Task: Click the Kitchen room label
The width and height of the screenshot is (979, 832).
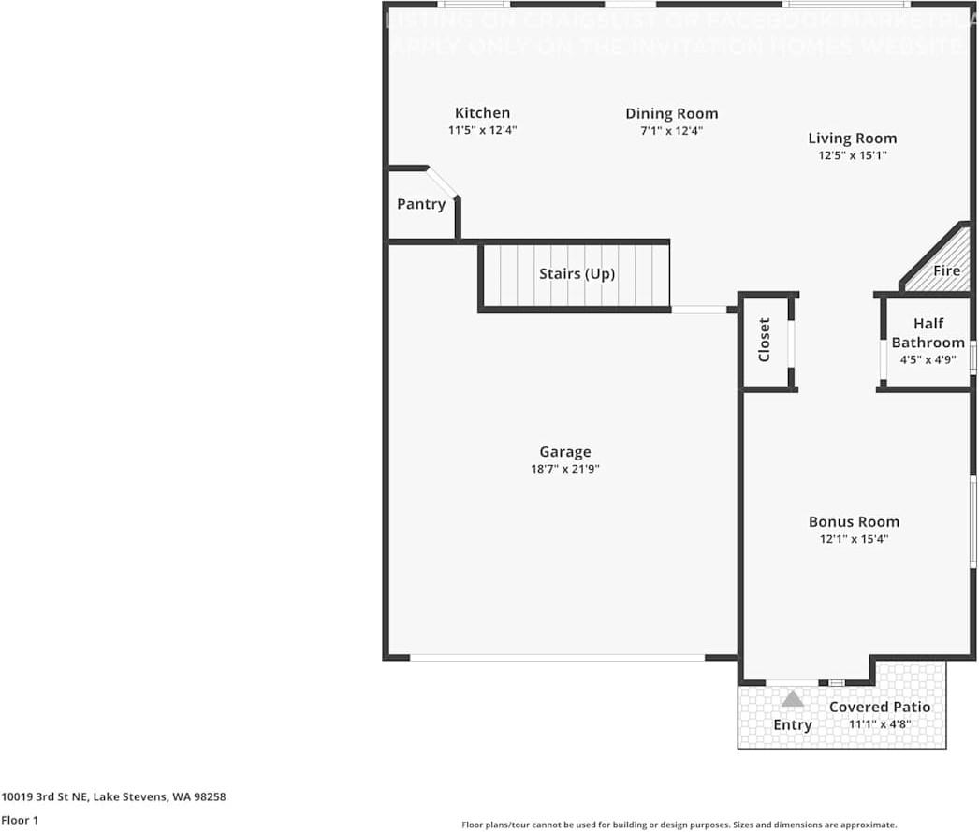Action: coord(482,113)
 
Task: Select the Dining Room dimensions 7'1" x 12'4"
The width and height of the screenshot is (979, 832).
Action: coord(671,131)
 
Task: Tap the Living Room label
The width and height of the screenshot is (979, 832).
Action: coord(852,139)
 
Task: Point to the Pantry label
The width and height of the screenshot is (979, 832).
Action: coord(421,204)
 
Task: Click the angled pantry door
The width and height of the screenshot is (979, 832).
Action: coord(443,182)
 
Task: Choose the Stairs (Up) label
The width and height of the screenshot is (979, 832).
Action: coord(577,274)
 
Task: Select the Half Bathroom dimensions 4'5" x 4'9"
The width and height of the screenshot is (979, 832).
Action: coord(928,358)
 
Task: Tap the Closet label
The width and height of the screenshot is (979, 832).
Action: coord(764,340)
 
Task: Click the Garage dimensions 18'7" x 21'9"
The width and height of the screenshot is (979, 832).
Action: coord(564,469)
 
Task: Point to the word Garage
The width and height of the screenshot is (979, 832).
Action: coord(564,452)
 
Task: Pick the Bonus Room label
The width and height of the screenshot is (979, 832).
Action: coord(854,522)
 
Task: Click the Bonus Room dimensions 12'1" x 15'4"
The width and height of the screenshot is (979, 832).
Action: coord(854,539)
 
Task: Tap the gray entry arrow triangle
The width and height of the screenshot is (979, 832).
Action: coord(793,698)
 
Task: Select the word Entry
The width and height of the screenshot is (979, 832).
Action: coord(792,725)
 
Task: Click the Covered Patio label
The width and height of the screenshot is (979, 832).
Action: coord(880,707)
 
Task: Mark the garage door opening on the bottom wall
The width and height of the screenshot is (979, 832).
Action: coord(557,658)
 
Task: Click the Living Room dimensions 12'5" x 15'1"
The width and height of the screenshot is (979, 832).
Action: coord(852,156)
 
